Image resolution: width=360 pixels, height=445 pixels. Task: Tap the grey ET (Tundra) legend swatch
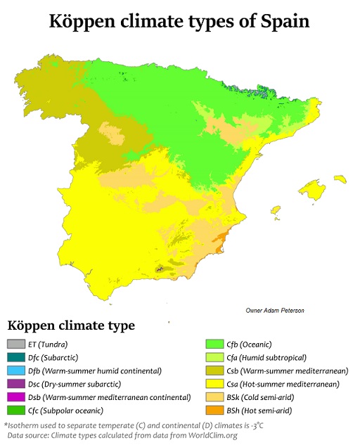[x=15, y=344]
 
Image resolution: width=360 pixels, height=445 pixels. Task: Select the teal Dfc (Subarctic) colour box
[x=15, y=357]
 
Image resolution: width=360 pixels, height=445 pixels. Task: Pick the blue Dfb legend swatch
[x=15, y=370]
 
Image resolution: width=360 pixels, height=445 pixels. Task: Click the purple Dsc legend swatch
[x=15, y=384]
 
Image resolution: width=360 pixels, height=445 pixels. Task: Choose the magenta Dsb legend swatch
[x=15, y=397]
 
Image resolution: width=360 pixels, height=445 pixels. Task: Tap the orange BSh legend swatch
[x=214, y=411]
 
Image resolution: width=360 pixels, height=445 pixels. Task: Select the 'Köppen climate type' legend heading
[x=71, y=326]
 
